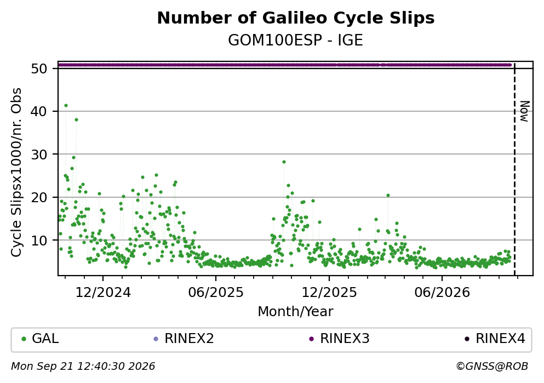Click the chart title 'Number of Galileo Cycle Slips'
click(296, 18)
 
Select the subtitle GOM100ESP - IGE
click(296, 41)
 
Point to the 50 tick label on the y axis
click(39, 68)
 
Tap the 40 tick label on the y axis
click(39, 111)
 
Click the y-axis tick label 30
click(39, 155)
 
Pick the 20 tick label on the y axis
click(39, 197)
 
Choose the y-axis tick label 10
click(39, 240)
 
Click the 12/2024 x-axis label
click(103, 293)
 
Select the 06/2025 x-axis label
click(216, 293)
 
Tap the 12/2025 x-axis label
click(329, 293)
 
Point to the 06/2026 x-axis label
click(442, 293)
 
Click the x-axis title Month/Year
click(296, 312)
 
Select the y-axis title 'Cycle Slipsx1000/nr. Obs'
click(16, 173)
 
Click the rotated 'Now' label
click(524, 111)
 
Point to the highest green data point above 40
click(66, 105)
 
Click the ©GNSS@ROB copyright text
click(492, 367)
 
